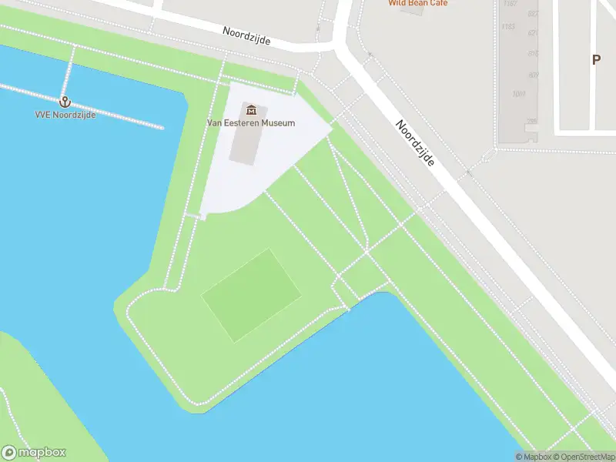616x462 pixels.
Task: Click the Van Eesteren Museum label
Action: [250, 123]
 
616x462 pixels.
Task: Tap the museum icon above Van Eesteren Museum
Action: [250, 110]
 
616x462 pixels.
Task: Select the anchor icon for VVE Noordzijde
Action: [65, 102]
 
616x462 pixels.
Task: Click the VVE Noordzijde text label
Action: [65, 115]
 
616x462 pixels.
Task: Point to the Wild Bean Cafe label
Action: [417, 3]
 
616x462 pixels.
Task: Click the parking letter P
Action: [595, 59]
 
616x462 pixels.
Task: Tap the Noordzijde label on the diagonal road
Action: [416, 142]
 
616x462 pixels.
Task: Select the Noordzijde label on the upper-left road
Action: [246, 35]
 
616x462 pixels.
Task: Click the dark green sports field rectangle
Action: [251, 295]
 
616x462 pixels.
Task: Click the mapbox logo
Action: [34, 453]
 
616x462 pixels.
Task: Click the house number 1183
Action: [507, 27]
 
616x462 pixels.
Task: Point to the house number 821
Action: [533, 34]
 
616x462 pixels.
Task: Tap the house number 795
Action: [531, 122]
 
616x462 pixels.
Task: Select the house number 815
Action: [532, 54]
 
